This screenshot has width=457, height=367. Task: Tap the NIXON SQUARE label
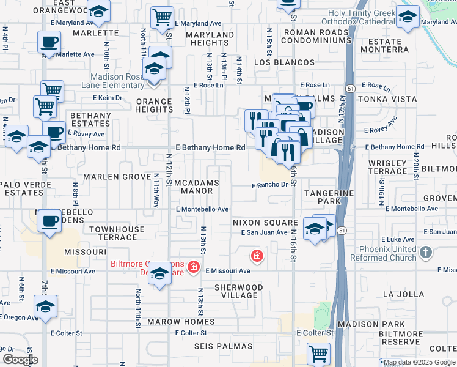click(264, 223)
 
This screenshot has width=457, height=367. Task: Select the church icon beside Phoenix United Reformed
click(426, 252)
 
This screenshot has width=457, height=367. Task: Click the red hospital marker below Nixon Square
click(257, 255)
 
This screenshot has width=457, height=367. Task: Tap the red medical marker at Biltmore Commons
click(193, 266)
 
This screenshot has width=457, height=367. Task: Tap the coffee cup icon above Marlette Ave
click(49, 42)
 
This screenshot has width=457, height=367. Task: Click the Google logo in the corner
click(20, 359)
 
